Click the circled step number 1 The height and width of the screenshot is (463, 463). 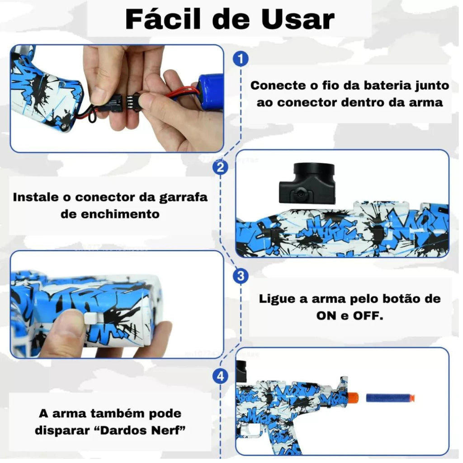click(x=241, y=59)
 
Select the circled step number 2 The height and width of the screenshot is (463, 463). click(x=220, y=167)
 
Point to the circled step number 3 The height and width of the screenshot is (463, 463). click(x=241, y=276)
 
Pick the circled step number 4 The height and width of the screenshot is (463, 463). click(x=220, y=377)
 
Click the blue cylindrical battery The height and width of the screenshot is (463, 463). click(x=210, y=91)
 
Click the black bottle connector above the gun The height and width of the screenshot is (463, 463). click(x=307, y=184)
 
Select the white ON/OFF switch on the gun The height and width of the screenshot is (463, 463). click(x=91, y=318)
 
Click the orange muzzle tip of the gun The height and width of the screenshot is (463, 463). click(x=353, y=398)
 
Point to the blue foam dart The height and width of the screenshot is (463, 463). click(x=390, y=397)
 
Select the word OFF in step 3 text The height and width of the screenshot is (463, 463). click(x=368, y=316)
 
